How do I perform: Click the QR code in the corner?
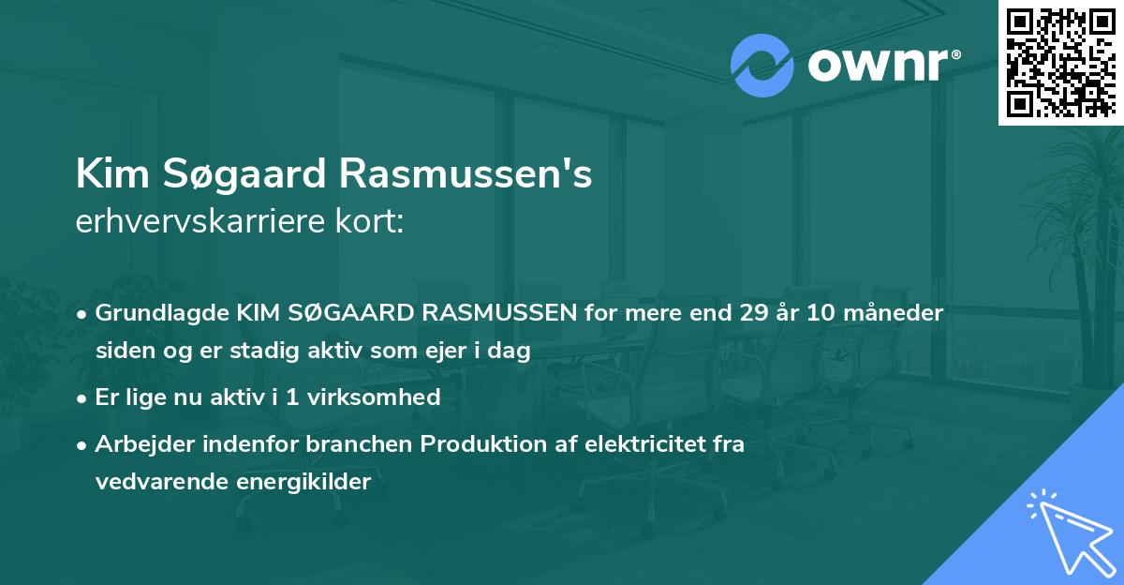pyautogui.click(x=1061, y=62)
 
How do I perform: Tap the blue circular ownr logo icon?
pyautogui.click(x=762, y=66)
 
